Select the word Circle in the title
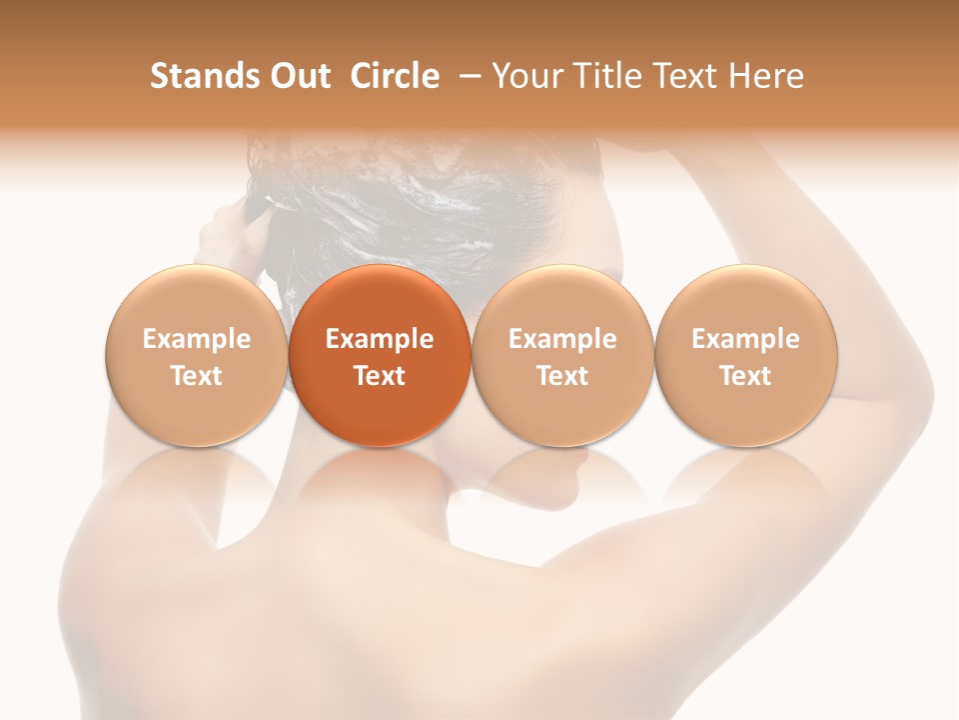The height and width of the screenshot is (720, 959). click(x=395, y=76)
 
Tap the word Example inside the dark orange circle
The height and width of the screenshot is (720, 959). click(x=380, y=339)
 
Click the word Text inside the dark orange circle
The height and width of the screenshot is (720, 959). click(x=380, y=376)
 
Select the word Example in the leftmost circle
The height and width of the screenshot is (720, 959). click(x=196, y=339)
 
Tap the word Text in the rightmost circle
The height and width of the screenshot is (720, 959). click(x=746, y=376)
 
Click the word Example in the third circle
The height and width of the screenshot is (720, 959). click(x=562, y=339)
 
